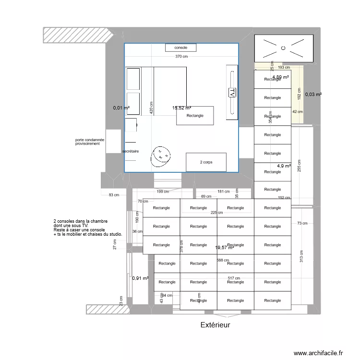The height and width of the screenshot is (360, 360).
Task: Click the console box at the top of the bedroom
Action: pyautogui.click(x=180, y=48)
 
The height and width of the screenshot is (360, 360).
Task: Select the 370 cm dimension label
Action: pyautogui.click(x=181, y=57)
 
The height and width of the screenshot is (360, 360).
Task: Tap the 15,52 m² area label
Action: pyautogui.click(x=182, y=108)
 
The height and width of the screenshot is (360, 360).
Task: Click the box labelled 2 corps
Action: pyautogui.click(x=206, y=162)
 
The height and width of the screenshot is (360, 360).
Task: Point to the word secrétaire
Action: pyautogui.click(x=131, y=151)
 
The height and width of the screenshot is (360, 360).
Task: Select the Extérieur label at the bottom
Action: pyautogui.click(x=215, y=325)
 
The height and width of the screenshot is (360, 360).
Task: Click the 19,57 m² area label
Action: pyautogui.click(x=225, y=248)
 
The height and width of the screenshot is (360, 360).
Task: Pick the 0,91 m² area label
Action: pyautogui.click(x=140, y=278)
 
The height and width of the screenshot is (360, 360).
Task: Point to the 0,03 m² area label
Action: pyautogui.click(x=313, y=95)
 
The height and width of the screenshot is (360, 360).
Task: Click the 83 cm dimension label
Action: pyautogui.click(x=113, y=195)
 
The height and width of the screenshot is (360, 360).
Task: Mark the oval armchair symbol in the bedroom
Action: pyautogui.click(x=160, y=155)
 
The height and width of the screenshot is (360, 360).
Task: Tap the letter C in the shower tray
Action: pyautogui.click(x=283, y=48)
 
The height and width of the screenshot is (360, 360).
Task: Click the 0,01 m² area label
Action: pyautogui.click(x=121, y=108)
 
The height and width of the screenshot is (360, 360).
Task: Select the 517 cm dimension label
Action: pyautogui.click(x=234, y=278)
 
